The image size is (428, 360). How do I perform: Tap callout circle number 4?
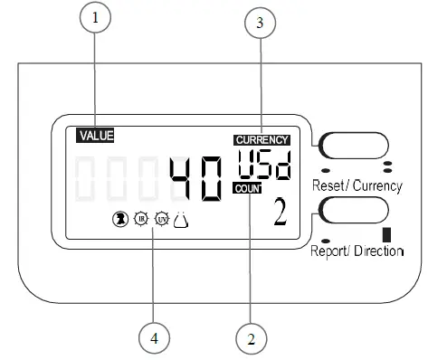click(155, 339)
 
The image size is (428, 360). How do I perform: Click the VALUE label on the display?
click(96, 136)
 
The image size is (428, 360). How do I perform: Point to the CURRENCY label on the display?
click(262, 140)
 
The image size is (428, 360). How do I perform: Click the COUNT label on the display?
click(245, 187)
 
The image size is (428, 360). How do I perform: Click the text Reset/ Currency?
click(357, 185)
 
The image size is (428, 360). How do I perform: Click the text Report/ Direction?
click(357, 250)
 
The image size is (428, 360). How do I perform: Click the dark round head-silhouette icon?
click(118, 218)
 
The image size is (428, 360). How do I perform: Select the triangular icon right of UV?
click(182, 217)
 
